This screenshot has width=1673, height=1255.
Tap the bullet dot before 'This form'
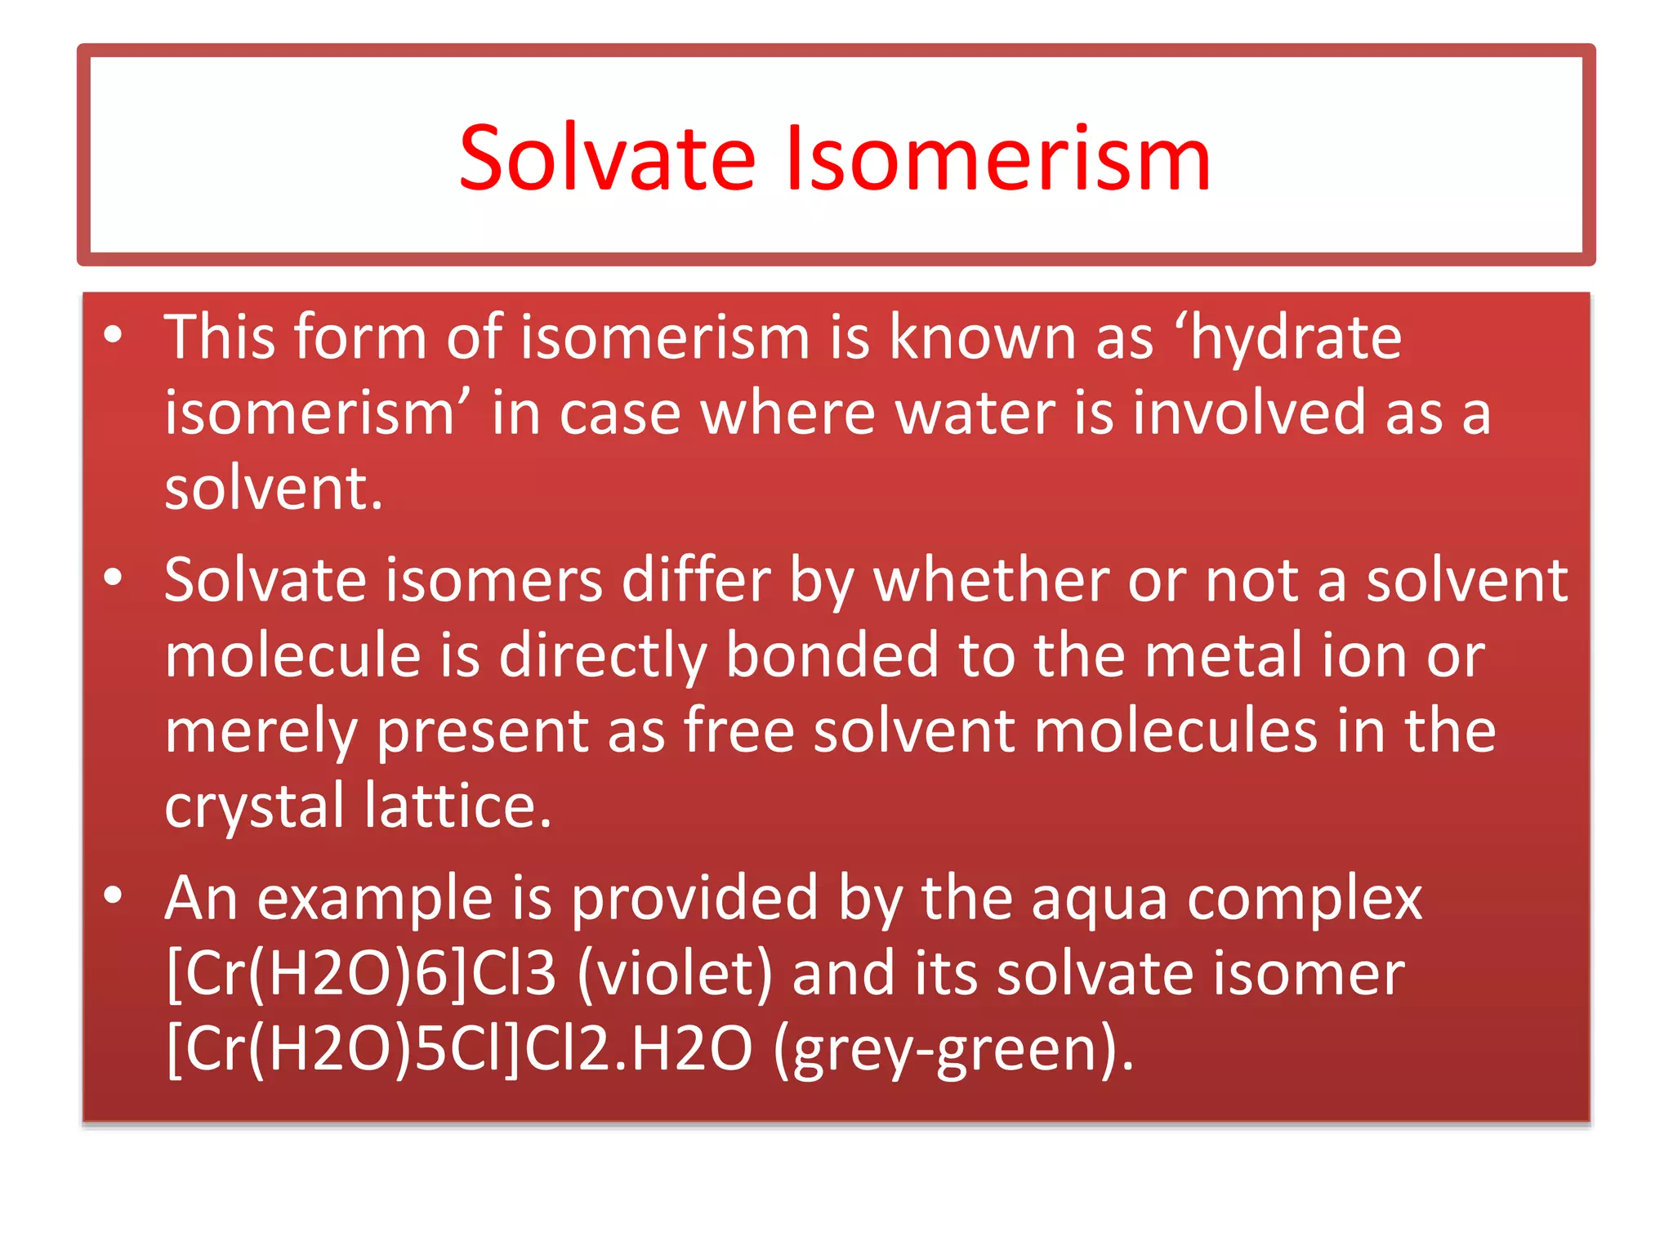coord(113,334)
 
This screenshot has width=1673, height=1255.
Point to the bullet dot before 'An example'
coord(113,895)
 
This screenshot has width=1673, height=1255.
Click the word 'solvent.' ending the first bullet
coord(274,488)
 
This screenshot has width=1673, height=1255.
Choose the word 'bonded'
coord(832,655)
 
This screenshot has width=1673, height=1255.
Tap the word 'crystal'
coord(254,806)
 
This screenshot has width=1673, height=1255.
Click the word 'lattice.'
coord(458,806)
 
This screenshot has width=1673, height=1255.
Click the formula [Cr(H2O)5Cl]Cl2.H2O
coord(458,1049)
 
